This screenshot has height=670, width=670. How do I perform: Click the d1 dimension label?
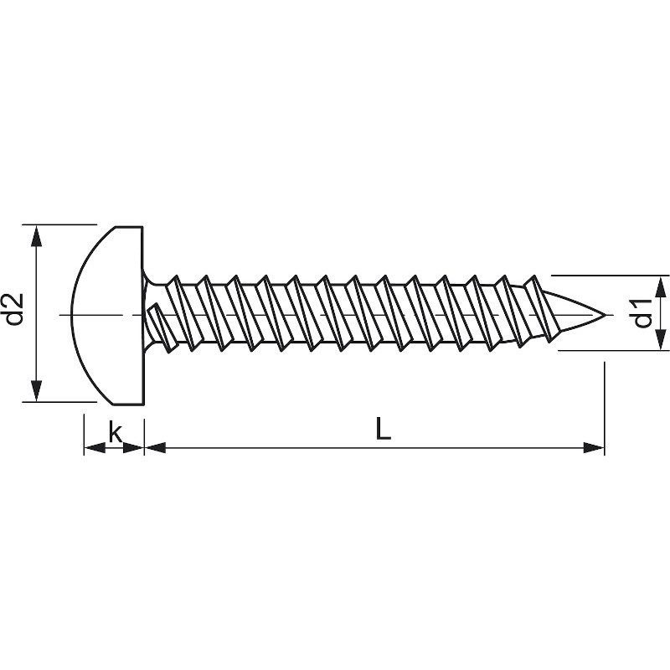click(x=643, y=312)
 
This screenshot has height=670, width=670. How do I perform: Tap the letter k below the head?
click(x=116, y=432)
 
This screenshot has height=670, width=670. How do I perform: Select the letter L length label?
click(x=382, y=429)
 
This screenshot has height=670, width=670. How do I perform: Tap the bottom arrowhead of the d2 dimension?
click(x=36, y=391)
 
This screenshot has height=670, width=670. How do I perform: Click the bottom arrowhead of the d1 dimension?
click(x=660, y=340)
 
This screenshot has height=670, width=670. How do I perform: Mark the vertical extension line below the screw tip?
click(x=604, y=402)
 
